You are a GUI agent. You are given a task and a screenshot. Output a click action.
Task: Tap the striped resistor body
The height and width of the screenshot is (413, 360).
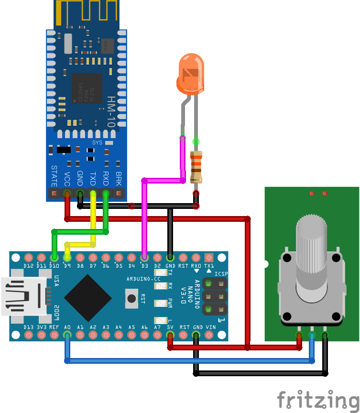[x=196, y=167]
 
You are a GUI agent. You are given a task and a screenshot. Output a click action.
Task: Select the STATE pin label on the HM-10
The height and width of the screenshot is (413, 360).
[x=54, y=176]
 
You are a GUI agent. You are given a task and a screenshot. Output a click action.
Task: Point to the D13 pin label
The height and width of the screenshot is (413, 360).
[x=28, y=327]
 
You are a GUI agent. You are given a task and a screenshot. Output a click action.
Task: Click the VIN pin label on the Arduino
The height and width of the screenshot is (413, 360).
[x=210, y=327]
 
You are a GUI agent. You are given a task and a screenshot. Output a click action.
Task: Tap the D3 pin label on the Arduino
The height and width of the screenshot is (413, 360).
[x=144, y=265]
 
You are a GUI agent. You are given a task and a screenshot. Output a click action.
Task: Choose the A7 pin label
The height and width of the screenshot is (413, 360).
[x=157, y=327]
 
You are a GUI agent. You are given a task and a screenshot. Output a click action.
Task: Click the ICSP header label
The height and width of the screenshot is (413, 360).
[x=221, y=274]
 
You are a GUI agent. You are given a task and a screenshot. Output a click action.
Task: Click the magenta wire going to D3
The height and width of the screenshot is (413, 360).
[x=144, y=215]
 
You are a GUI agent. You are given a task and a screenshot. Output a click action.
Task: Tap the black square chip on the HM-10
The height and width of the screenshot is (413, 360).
[x=87, y=89]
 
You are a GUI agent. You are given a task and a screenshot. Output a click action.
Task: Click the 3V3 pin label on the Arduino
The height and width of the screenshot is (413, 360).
[x=42, y=327]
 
